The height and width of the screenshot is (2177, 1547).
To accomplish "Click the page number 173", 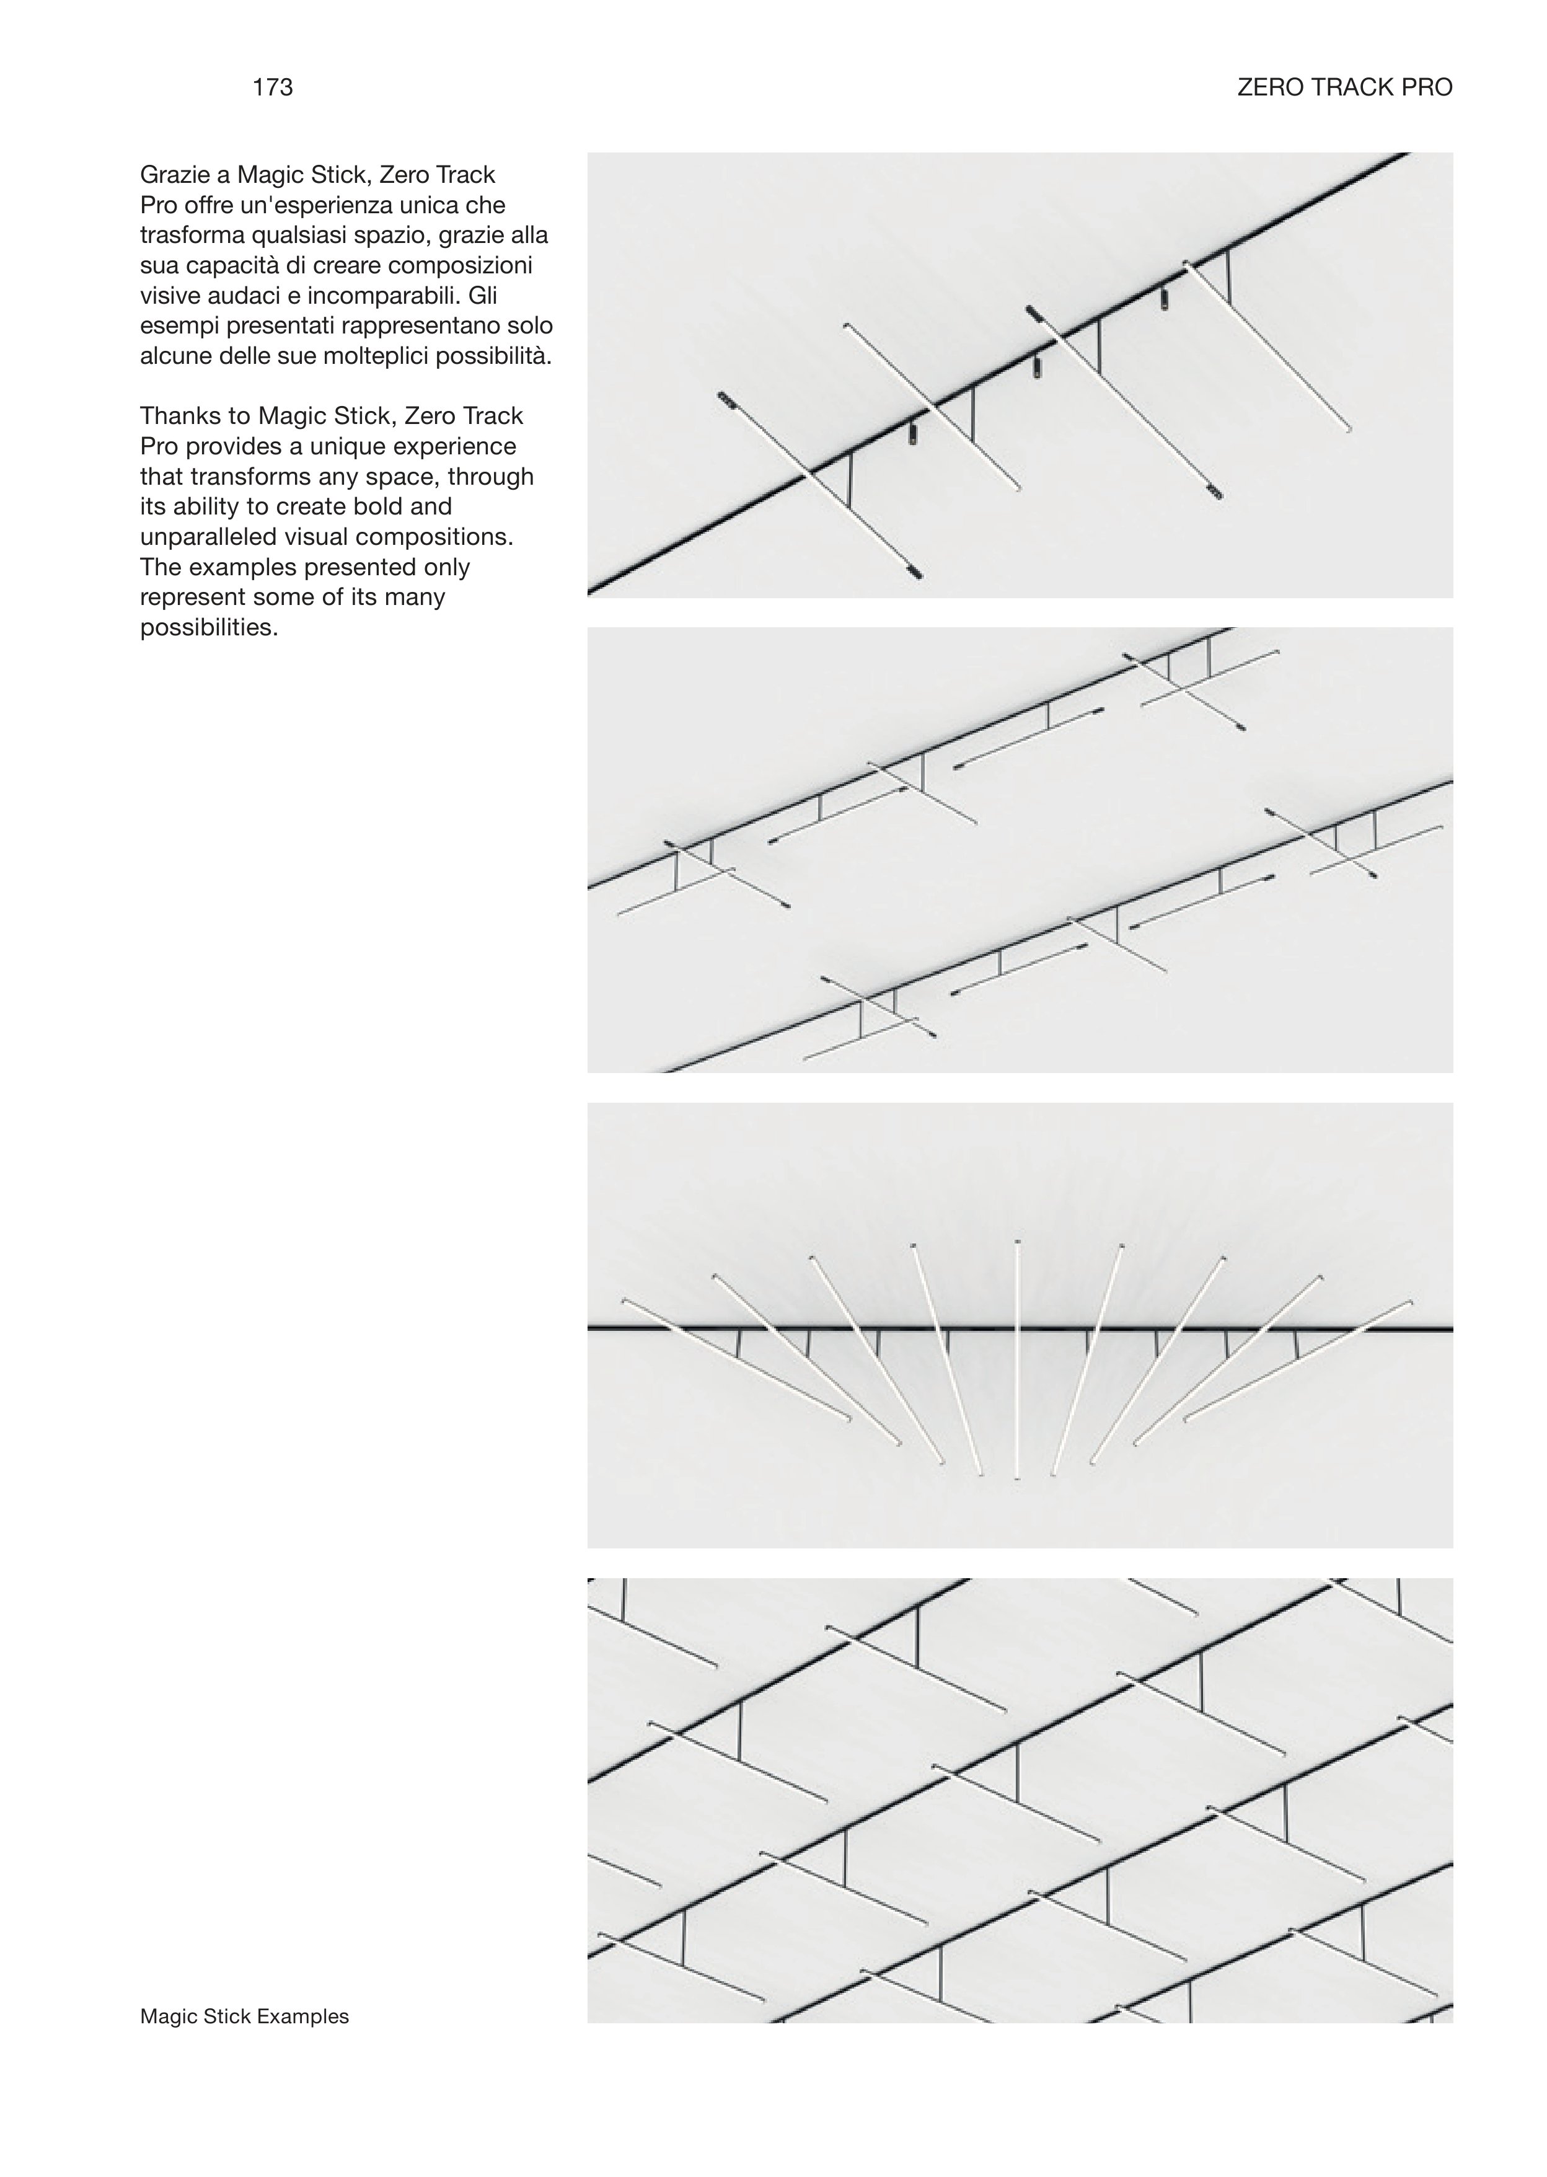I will tap(273, 87).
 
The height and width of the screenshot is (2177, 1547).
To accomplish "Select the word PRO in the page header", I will tap(1427, 87).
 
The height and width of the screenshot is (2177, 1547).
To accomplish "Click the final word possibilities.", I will tap(209, 629).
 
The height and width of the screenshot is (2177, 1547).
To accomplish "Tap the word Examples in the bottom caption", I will tap(303, 2017).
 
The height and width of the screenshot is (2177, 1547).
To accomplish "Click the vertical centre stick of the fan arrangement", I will tap(1018, 1361).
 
